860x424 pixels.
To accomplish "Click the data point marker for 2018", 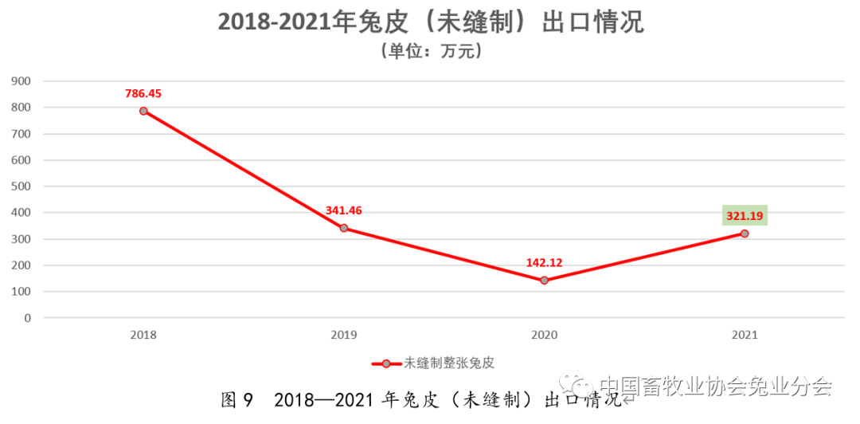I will coord(143,111).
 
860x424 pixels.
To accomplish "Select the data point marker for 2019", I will coord(344,228).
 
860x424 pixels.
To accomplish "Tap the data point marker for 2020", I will coord(545,281).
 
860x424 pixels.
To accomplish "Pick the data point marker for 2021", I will coord(745,234).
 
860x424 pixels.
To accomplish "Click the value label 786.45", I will coord(143,93).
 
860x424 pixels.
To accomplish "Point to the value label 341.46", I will coord(344,210).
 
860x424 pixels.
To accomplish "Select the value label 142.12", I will coord(545,262).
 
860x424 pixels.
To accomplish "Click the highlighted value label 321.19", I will coord(745,215).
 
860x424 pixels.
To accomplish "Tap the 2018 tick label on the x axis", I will coord(143,336).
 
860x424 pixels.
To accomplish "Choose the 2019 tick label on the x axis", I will coord(344,336).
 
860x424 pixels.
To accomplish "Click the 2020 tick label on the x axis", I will coord(545,336).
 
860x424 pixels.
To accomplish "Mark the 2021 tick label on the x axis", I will coord(745,336).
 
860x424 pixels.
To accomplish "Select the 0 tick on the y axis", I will coord(27,318).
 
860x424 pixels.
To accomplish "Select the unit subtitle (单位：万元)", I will coord(431,52).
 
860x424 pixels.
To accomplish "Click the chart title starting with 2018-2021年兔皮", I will coord(431,22).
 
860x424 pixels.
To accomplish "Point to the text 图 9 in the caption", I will coord(236,400).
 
